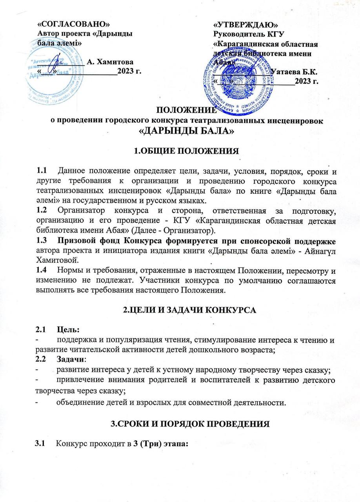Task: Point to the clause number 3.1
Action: point(41,444)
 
